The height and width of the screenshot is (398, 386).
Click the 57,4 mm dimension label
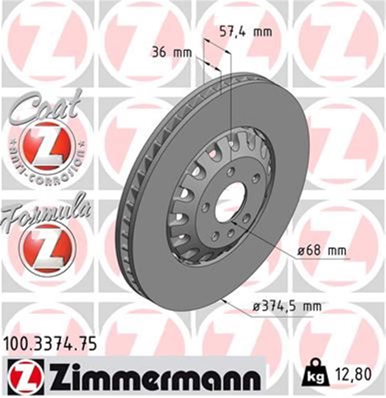tap(245, 32)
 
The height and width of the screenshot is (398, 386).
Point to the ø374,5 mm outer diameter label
tap(287, 307)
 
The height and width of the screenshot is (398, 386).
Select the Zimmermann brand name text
tap(155, 377)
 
